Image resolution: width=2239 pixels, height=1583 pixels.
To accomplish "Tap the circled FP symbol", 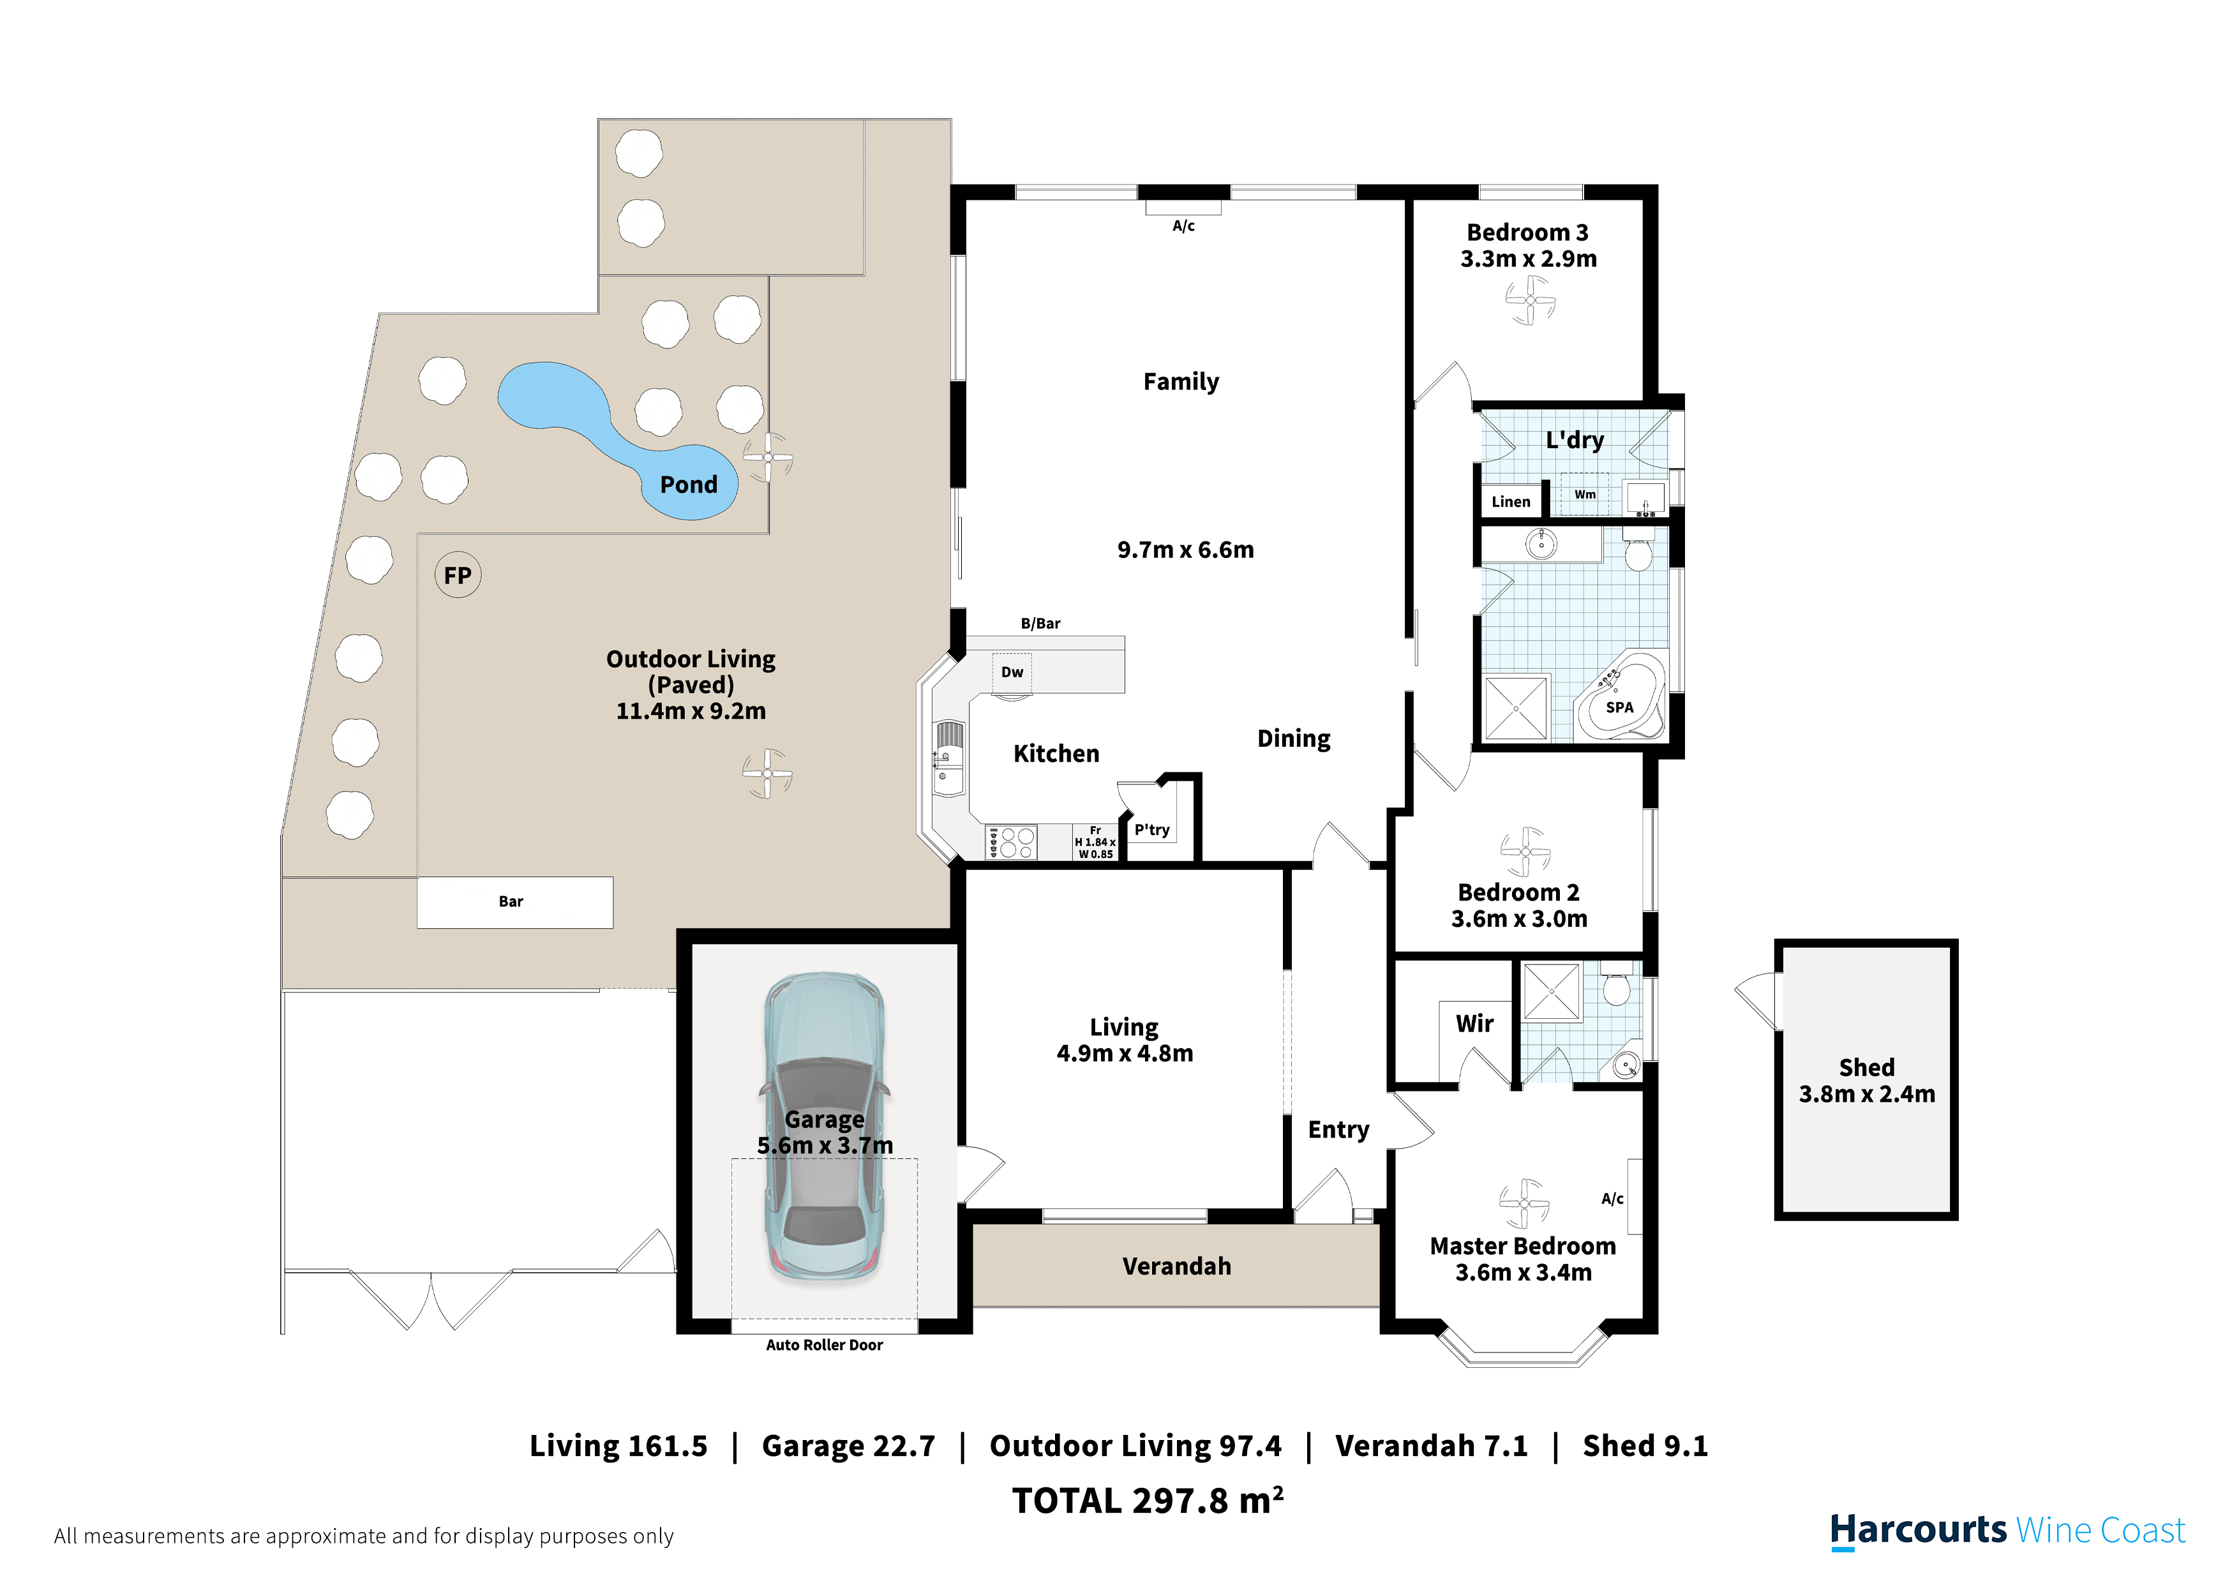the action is [458, 576].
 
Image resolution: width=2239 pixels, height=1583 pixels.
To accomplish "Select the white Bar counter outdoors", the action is [515, 902].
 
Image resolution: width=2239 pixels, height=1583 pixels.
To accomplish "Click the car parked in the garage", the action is [825, 1127].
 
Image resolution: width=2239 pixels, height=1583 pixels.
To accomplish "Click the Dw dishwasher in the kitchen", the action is [1012, 672].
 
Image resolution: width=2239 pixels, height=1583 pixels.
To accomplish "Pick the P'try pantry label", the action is [1151, 830].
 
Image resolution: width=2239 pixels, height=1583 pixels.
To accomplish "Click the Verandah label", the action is [1177, 1266].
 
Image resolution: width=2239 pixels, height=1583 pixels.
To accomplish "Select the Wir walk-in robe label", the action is [1474, 1023].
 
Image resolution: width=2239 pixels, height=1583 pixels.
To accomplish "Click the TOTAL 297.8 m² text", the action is [1148, 1500].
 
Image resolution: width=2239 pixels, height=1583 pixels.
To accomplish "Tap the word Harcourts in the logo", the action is [1918, 1531].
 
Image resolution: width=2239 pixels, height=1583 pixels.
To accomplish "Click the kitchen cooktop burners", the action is [1011, 843].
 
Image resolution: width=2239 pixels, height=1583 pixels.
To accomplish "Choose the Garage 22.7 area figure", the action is [848, 1446].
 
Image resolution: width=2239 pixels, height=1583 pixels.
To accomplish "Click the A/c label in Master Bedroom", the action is [1613, 1199].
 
